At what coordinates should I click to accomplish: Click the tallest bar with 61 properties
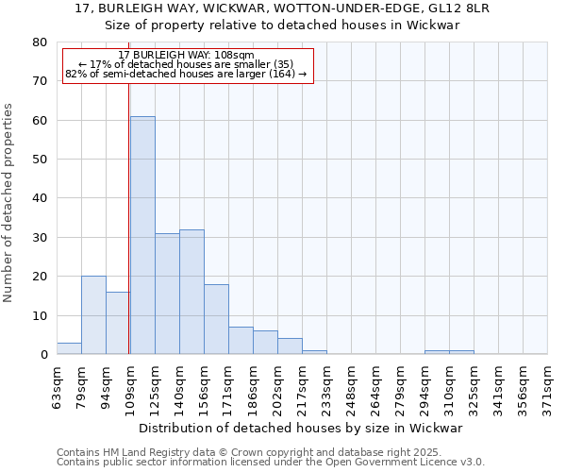(x=142, y=235)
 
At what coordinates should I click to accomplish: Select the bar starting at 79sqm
(x=93, y=315)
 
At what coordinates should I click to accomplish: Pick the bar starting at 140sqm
(x=191, y=292)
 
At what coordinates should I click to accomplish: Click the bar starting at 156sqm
(x=216, y=319)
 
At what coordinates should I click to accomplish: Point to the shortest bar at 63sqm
(x=69, y=348)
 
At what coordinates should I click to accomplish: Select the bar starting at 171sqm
(x=241, y=341)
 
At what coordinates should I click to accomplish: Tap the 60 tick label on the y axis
(x=39, y=120)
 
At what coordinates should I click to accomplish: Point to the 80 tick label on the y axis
(x=39, y=42)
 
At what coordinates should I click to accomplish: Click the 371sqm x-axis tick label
(x=548, y=387)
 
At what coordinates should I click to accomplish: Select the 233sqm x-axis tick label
(x=327, y=387)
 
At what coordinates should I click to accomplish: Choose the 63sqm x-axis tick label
(x=58, y=387)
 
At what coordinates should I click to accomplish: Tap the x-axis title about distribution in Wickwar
(x=308, y=429)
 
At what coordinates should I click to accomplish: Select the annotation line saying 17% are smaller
(x=187, y=64)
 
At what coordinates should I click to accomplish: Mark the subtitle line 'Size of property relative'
(x=282, y=25)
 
